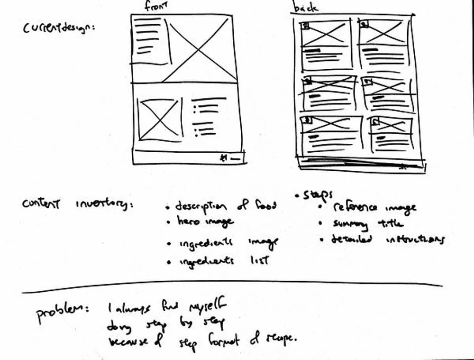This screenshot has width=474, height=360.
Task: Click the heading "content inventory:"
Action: click(77, 204)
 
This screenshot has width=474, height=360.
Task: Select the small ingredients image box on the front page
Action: click(159, 119)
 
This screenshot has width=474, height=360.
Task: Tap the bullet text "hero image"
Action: click(205, 222)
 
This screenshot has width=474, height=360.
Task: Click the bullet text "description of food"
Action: click(225, 206)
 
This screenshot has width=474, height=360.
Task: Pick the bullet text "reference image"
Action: click(374, 208)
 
